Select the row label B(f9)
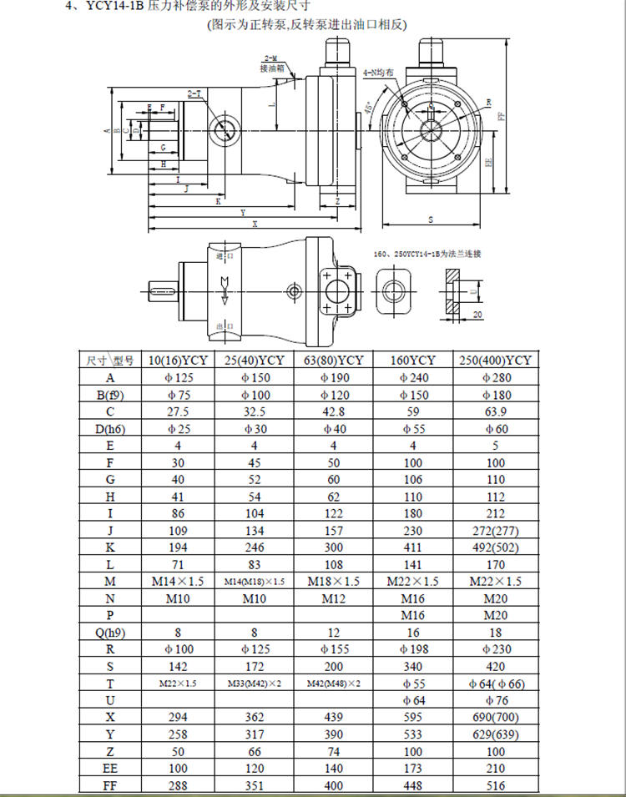[109, 394]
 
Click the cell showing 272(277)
[495, 529]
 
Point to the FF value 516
[495, 785]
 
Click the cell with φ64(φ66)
[495, 683]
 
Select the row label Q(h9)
[109, 632]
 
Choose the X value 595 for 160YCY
[412, 717]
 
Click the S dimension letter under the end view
[430, 219]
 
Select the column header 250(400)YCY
[495, 361]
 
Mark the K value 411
[412, 547]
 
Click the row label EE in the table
[109, 768]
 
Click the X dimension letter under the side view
[254, 223]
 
